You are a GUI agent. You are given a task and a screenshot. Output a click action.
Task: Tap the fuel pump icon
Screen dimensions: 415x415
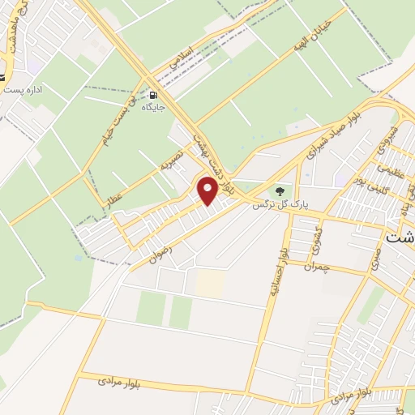[x=153, y=93]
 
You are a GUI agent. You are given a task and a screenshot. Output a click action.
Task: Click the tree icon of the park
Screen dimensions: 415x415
[x=280, y=191]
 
